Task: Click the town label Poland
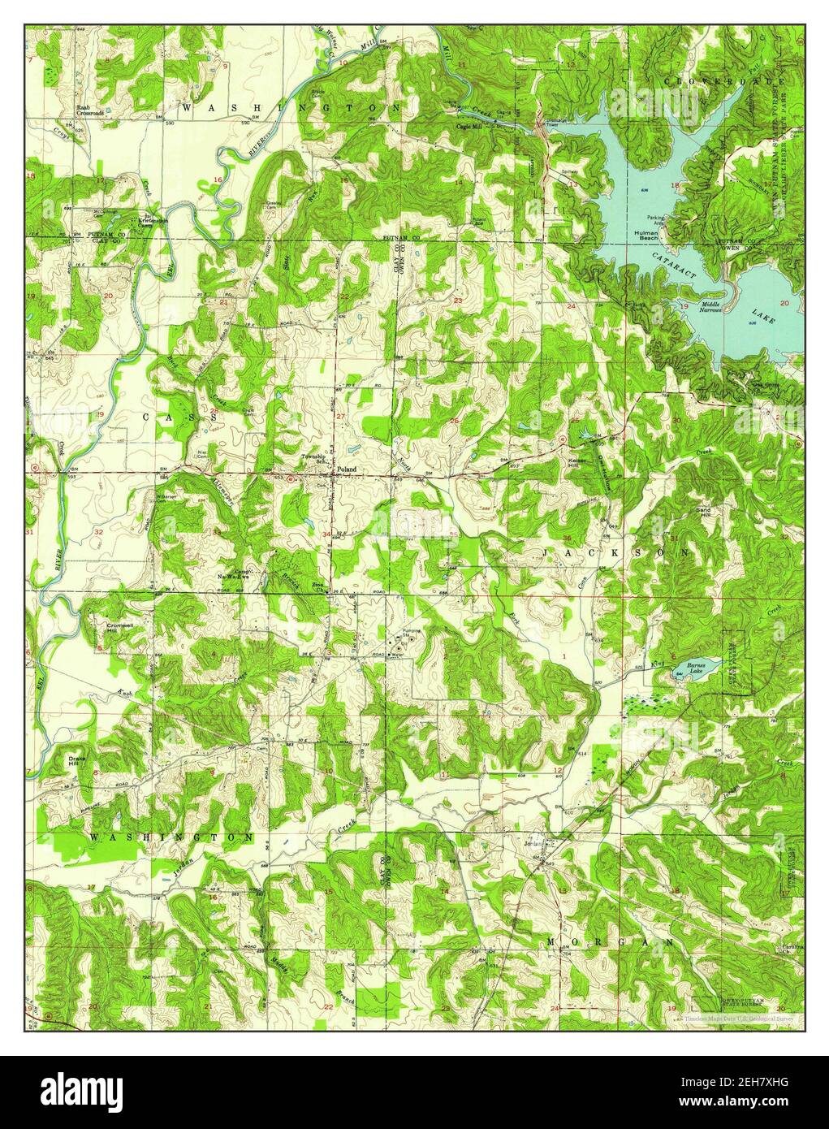347,469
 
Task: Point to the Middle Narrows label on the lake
715,306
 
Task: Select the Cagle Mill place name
469,127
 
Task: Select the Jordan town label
533,842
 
